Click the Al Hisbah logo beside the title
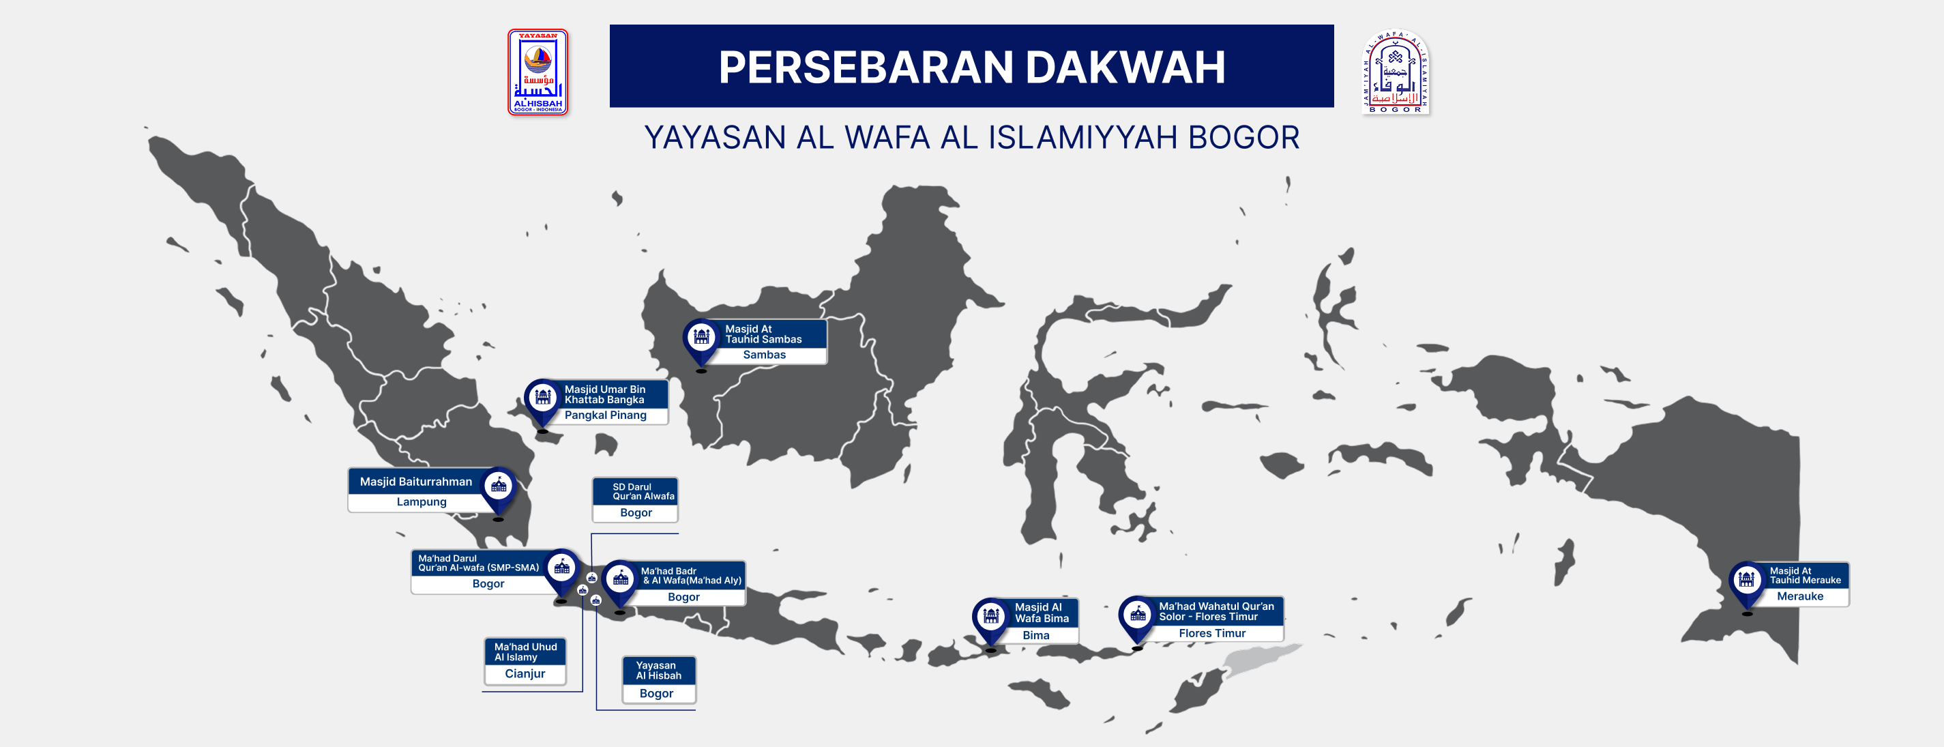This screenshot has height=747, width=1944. [537, 72]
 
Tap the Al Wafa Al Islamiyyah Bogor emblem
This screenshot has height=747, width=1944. [1395, 72]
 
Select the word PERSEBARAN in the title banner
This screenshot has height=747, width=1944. [866, 67]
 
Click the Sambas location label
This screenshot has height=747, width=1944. [764, 355]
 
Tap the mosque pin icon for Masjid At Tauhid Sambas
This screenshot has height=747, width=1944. [701, 336]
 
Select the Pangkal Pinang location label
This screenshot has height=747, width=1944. [605, 415]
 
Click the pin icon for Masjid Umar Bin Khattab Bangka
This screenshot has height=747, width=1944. [542, 397]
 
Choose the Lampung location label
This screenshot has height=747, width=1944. [421, 502]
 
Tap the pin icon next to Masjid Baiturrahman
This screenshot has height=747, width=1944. [499, 486]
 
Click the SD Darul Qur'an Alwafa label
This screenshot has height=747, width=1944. [636, 491]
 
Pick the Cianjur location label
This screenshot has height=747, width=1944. [525, 674]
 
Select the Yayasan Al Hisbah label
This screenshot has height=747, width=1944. [658, 670]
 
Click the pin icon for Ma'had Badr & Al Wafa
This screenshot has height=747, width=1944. [620, 578]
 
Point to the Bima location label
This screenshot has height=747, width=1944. [1035, 635]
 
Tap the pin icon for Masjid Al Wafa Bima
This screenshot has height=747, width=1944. [991, 617]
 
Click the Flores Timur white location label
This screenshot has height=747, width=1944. [1211, 634]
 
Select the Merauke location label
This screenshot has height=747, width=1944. [1799, 596]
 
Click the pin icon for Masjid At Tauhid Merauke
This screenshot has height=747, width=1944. [1746, 579]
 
